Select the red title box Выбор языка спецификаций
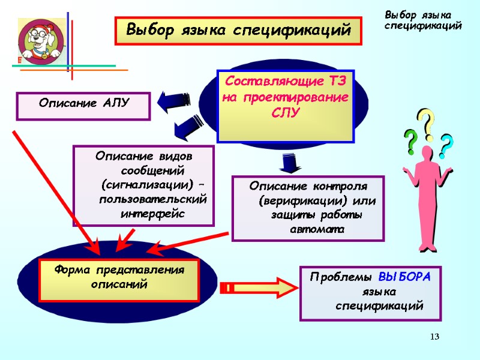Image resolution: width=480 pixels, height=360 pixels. point(238,30)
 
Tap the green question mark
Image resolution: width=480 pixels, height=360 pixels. point(410,142)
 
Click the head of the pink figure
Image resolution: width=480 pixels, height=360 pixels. point(427,152)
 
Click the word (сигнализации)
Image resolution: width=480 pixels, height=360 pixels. point(142,182)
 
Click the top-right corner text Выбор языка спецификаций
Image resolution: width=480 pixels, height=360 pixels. point(422,20)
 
